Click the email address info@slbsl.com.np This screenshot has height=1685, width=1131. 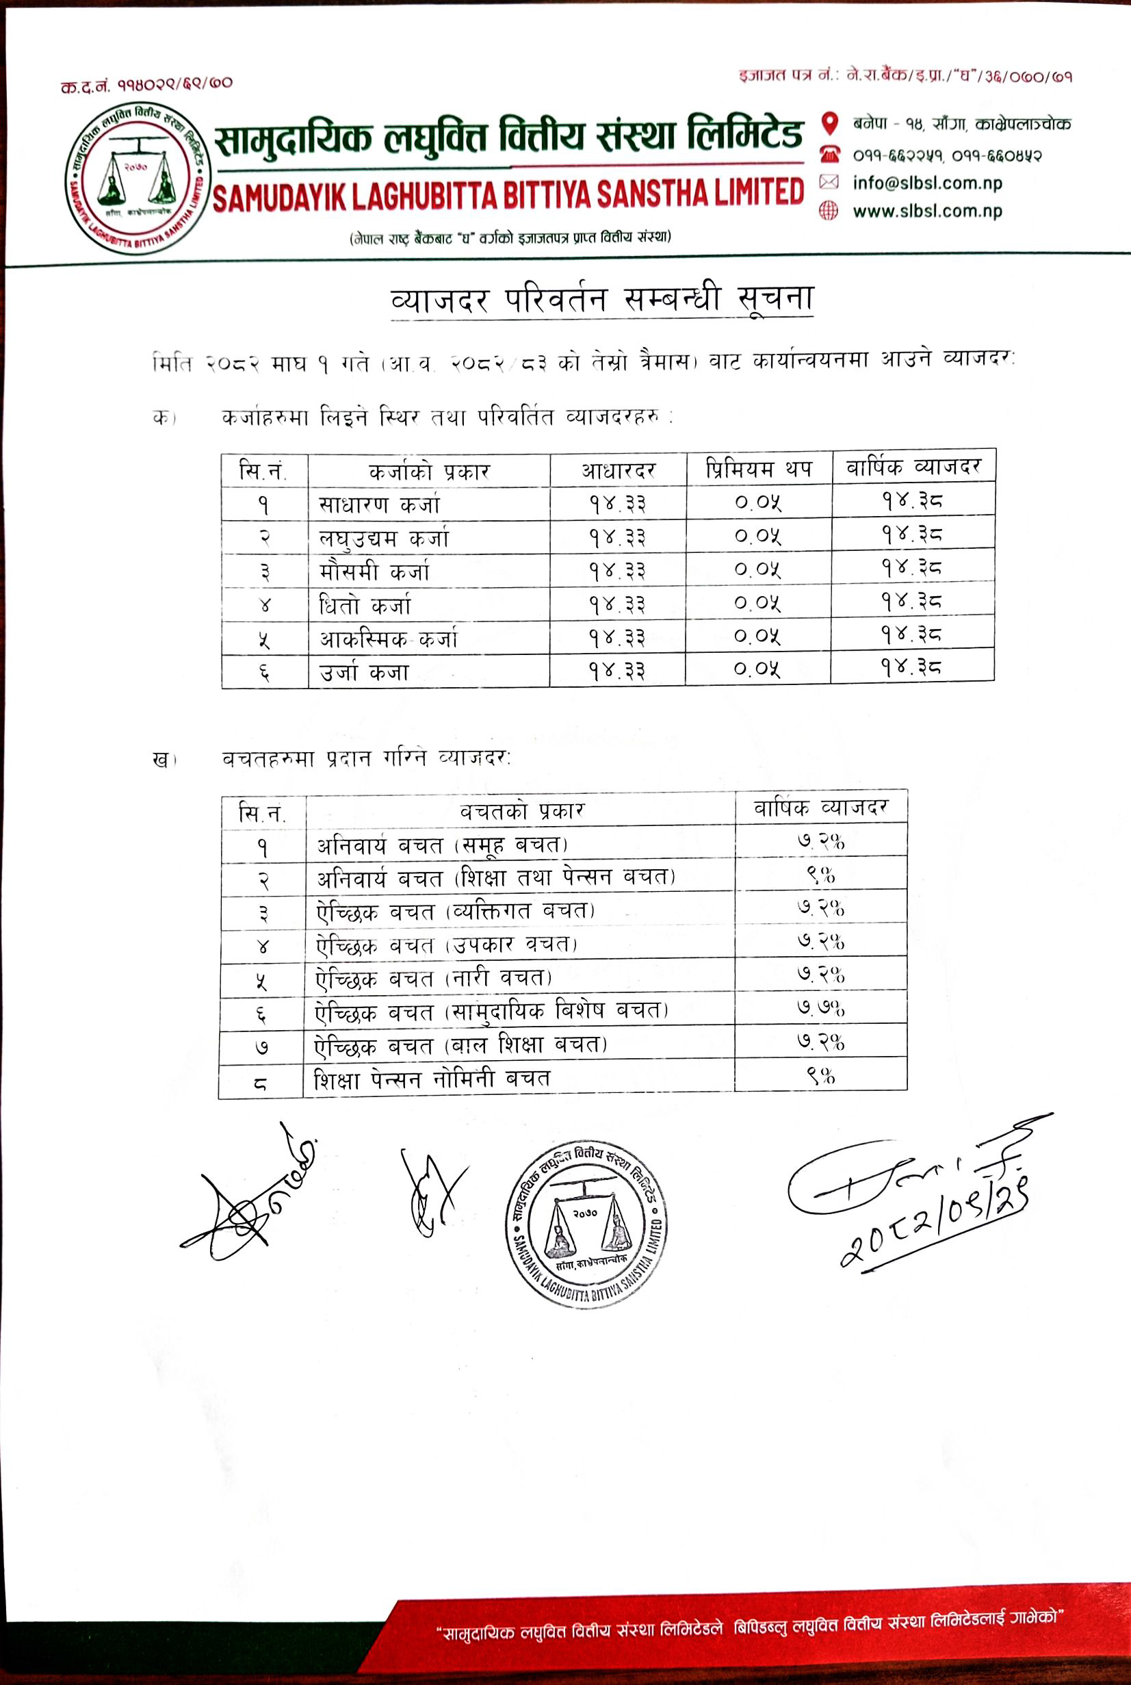(x=927, y=183)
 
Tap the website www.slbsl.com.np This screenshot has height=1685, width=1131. (x=927, y=211)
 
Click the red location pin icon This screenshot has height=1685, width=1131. (x=830, y=123)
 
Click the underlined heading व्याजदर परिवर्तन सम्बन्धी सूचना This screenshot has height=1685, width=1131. (x=601, y=298)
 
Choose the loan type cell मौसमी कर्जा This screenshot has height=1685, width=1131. (x=374, y=572)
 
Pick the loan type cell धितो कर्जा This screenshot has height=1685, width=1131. (x=365, y=605)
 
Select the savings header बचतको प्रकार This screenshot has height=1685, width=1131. (x=521, y=812)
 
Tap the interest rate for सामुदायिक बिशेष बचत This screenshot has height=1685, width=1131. (x=821, y=1007)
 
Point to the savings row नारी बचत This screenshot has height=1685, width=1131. (x=434, y=979)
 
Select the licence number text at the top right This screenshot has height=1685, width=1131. (x=905, y=76)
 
